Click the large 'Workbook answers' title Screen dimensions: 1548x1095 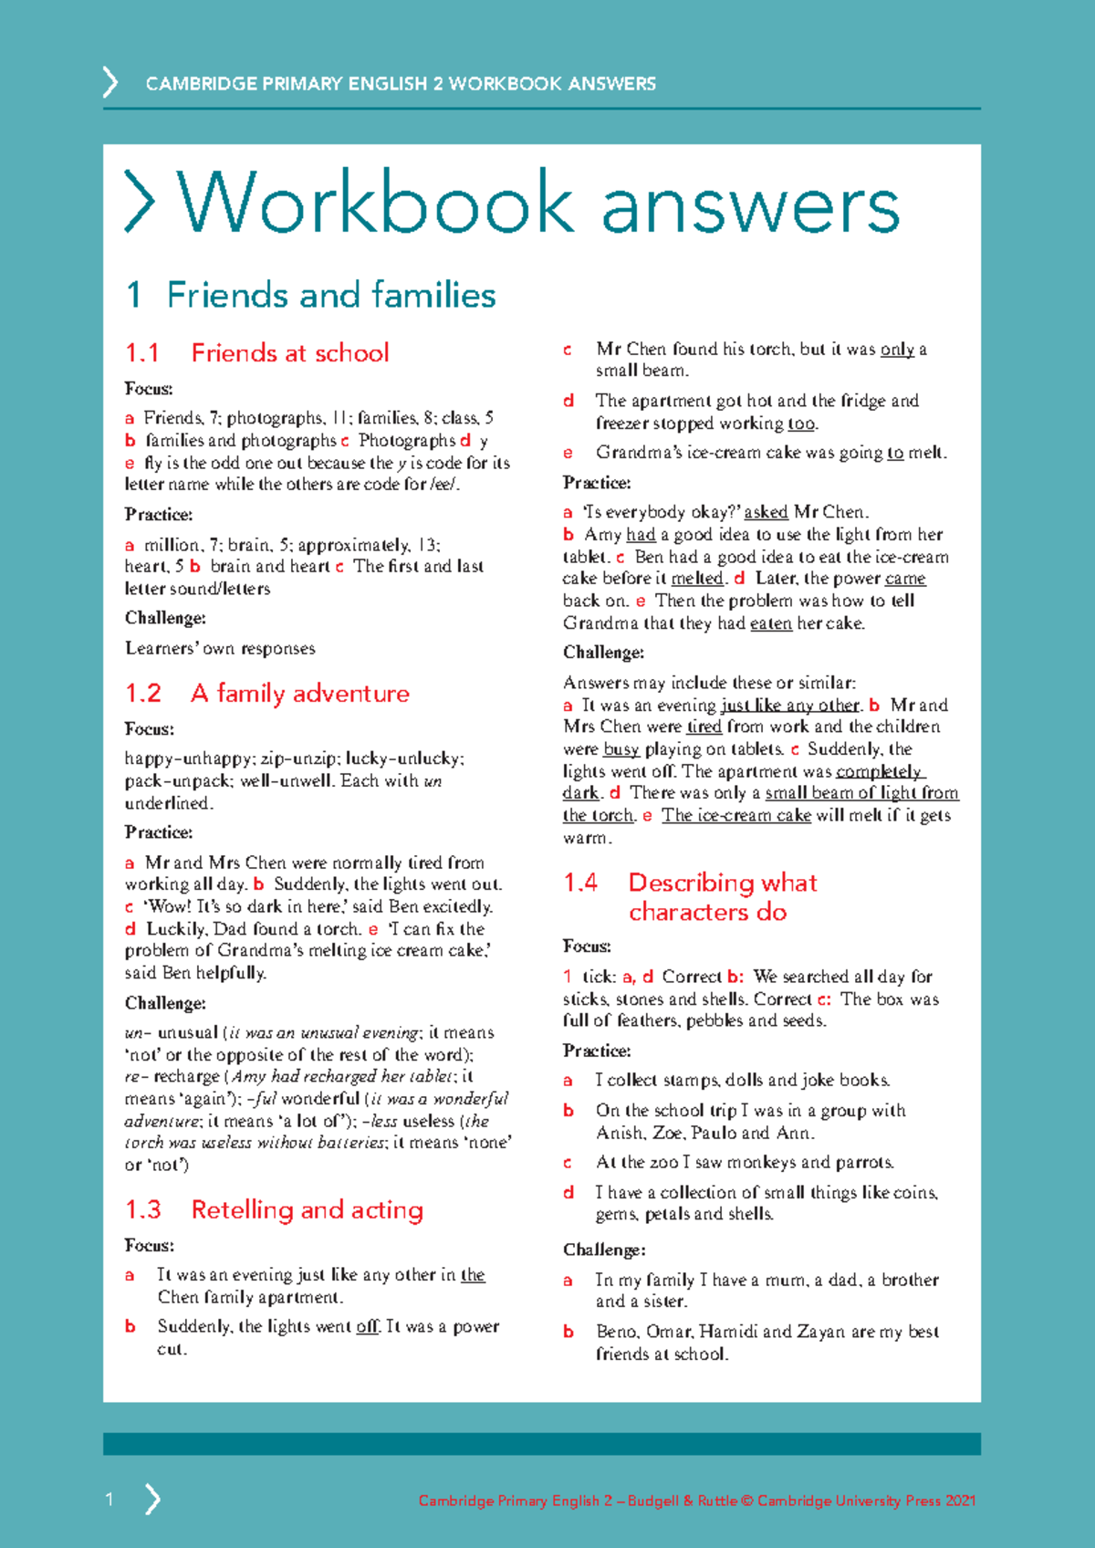(538, 204)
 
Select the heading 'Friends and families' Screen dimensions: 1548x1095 (330, 296)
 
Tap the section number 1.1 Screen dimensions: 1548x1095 (142, 353)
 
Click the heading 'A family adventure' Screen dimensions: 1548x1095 (300, 694)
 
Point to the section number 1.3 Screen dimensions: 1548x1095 (143, 1210)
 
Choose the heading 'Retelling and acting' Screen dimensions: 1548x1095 (308, 1210)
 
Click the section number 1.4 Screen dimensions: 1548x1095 (580, 883)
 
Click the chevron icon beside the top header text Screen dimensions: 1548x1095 (110, 82)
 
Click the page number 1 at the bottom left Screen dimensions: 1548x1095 (109, 1499)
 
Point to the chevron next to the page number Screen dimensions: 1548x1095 (152, 1499)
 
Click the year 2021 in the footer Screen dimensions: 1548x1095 (961, 1501)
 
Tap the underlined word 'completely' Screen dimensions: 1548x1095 (879, 771)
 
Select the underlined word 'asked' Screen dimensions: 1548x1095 (766, 512)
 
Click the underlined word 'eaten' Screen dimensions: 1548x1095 (770, 623)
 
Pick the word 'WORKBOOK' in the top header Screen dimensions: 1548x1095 (504, 84)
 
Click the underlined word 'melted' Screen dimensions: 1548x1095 (697, 579)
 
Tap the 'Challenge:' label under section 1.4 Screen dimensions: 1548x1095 (604, 1250)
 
